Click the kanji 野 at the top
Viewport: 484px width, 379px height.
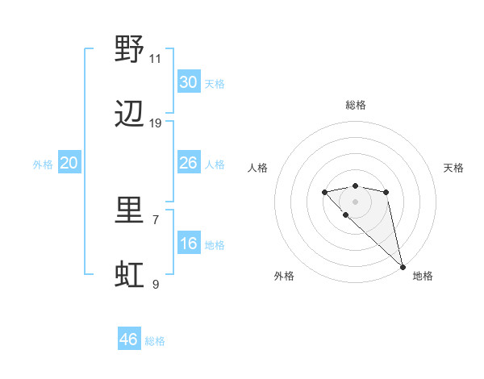(129, 51)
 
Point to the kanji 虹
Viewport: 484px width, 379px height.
(129, 275)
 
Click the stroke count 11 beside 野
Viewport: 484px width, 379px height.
(155, 58)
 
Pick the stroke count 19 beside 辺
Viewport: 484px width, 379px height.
(155, 123)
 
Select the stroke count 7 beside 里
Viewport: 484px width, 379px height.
(155, 219)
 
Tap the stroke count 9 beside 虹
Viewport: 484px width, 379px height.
(155, 284)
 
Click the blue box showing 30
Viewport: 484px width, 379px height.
(189, 82)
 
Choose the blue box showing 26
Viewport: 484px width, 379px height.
(189, 163)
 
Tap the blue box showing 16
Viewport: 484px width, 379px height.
(189, 244)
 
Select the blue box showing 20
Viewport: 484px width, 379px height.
(69, 163)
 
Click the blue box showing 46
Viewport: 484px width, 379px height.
(129, 339)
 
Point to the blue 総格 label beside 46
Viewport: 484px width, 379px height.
(155, 341)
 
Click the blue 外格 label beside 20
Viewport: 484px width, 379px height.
(43, 165)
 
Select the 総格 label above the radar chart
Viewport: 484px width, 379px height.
(355, 105)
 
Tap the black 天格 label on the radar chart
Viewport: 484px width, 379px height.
(454, 168)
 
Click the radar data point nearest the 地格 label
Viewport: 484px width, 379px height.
(402, 266)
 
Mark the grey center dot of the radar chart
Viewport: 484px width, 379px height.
(355, 201)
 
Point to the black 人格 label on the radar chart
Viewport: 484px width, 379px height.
(258, 168)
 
